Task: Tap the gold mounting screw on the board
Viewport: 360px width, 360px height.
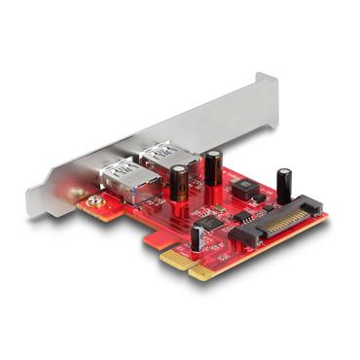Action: [x=94, y=203]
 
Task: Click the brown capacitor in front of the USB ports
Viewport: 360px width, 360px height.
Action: [x=179, y=182]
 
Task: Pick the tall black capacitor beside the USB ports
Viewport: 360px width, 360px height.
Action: [x=211, y=167]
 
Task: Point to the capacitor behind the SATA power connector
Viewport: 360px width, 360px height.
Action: [x=284, y=185]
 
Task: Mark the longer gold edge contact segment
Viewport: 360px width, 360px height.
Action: [x=224, y=262]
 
